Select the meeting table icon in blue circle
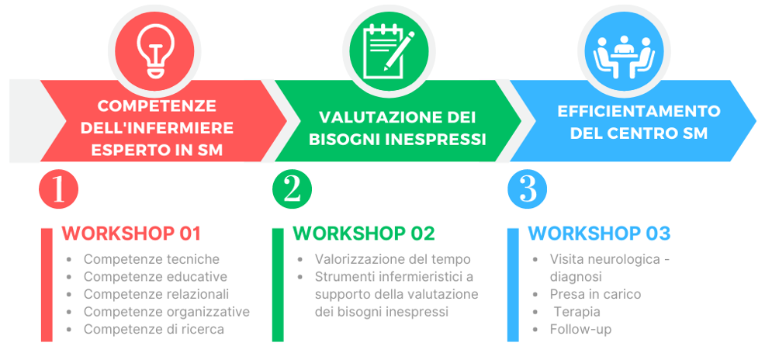624,57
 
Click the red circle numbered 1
59,189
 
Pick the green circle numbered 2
292,189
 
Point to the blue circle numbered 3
527,189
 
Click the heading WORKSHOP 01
131,234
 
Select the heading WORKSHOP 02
364,234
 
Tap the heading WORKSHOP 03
599,234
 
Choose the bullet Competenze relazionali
156,294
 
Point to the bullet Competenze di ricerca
154,329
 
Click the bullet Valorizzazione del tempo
393,259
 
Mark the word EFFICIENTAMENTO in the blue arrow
639,111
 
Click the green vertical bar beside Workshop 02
278,285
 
